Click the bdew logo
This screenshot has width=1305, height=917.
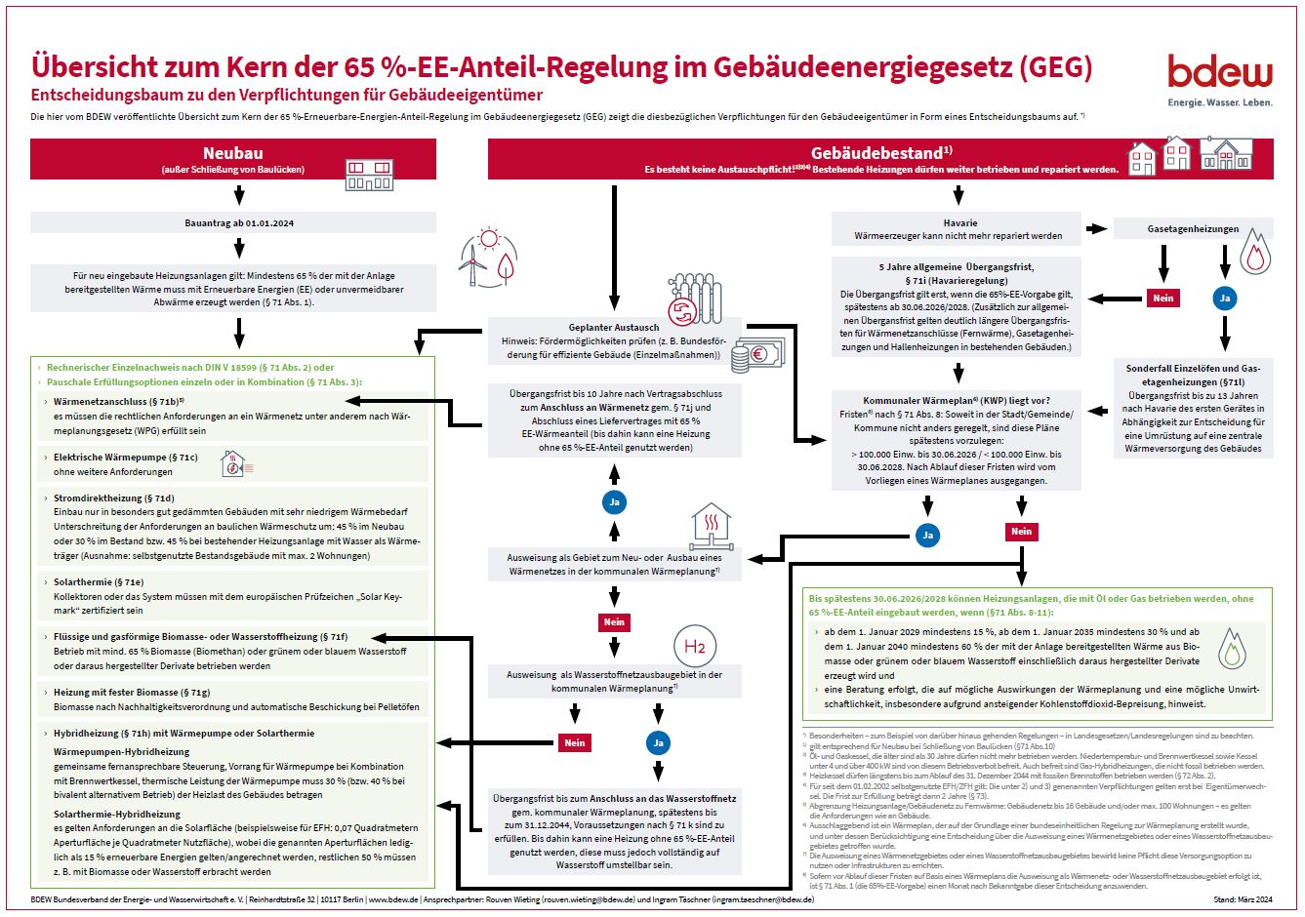coord(1220,72)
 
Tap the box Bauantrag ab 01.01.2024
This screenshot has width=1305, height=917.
coord(239,223)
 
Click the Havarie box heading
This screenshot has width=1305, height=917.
coord(959,222)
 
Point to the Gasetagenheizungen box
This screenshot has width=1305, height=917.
coord(1193,229)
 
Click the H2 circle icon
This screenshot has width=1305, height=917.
coord(694,647)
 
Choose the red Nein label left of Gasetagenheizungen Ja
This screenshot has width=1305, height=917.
coord(1162,299)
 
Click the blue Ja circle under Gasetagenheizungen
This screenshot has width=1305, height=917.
coord(1225,299)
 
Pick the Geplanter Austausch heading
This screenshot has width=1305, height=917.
coord(614,327)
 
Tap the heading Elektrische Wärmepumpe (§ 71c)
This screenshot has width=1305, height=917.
coord(125,457)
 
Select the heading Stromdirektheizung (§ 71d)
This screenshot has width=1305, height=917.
coord(113,498)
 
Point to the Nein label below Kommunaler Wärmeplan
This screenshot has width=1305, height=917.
coord(1021,532)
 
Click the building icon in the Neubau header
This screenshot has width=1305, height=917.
coord(369,175)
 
